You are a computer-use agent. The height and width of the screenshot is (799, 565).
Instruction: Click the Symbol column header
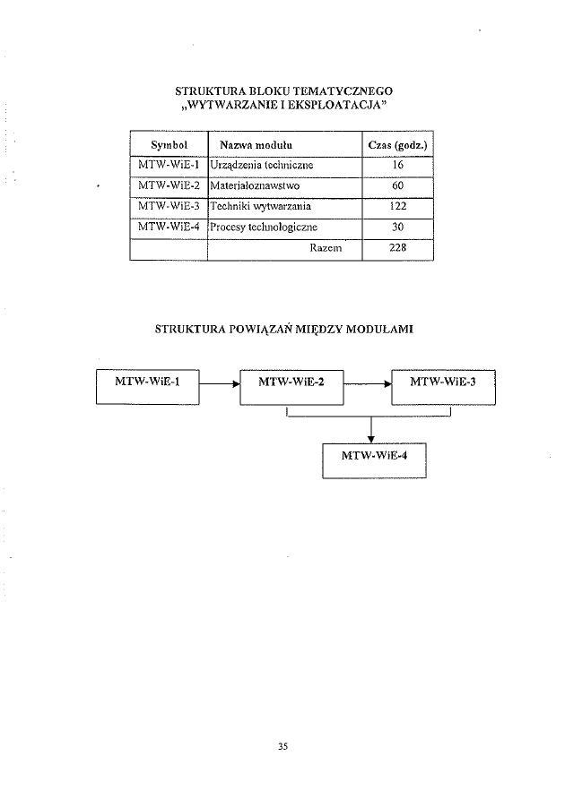point(168,144)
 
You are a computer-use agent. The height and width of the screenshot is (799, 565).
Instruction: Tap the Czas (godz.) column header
point(396,144)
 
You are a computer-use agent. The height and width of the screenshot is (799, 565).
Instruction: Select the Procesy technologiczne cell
point(264,228)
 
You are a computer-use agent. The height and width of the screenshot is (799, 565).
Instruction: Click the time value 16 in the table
point(397,166)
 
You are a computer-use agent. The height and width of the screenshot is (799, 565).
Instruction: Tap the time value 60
point(397,186)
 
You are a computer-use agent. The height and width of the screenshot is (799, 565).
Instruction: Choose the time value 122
point(397,207)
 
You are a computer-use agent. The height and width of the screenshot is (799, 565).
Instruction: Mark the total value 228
point(397,248)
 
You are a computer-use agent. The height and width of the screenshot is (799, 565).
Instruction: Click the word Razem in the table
point(326,248)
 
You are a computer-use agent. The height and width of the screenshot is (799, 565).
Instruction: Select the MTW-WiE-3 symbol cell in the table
point(169,207)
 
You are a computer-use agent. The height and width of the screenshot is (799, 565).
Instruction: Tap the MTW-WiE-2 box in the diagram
point(291,384)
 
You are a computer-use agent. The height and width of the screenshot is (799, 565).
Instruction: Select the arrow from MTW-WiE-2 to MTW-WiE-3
point(368,383)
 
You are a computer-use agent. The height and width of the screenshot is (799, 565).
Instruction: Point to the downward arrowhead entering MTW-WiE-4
point(371,437)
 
